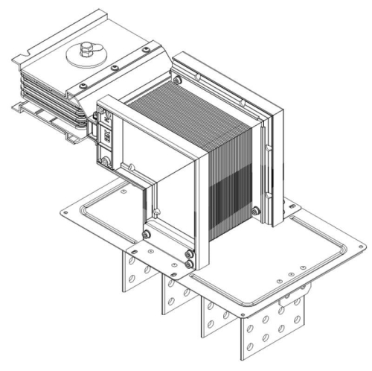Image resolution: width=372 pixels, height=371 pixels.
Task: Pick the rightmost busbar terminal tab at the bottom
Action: [271, 327]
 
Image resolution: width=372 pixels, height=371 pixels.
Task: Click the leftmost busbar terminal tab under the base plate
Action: [130, 276]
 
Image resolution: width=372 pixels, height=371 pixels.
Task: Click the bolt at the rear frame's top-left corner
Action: [178, 80]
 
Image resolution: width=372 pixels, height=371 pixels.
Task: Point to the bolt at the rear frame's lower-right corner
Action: [256, 212]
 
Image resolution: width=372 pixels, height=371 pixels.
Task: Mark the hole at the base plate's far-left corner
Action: [65, 212]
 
